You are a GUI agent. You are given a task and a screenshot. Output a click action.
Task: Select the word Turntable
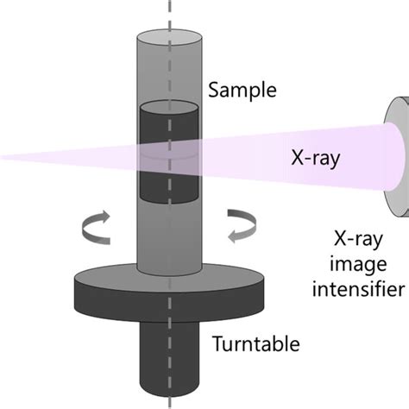(x=256, y=344)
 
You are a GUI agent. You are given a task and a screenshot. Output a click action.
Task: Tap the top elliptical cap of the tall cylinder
(x=169, y=38)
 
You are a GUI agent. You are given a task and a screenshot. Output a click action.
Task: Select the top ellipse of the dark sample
(x=170, y=108)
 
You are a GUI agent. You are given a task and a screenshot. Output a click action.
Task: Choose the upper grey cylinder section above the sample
(x=169, y=73)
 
